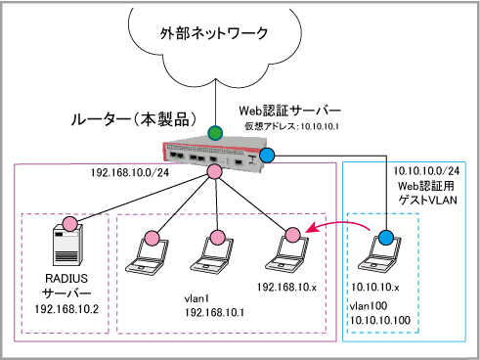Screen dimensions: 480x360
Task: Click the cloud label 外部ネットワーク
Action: (x=214, y=33)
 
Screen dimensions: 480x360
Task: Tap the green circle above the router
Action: (x=215, y=133)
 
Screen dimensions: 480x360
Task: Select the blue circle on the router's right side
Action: (x=267, y=156)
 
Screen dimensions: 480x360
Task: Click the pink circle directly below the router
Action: (x=214, y=171)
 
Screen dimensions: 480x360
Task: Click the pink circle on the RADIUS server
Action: (x=70, y=224)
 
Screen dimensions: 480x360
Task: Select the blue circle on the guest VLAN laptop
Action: (x=386, y=238)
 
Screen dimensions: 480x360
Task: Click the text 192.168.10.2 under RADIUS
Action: (x=66, y=309)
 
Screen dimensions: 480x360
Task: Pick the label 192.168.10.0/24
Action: (x=130, y=172)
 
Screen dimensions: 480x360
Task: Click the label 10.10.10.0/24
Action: (x=426, y=171)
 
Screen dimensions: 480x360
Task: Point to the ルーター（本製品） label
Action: (x=134, y=119)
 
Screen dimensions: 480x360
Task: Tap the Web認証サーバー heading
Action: (x=289, y=111)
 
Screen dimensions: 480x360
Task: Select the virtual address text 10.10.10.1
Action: (x=320, y=126)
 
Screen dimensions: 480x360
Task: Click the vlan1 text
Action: (x=196, y=298)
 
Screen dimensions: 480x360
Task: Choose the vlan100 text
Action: (x=369, y=306)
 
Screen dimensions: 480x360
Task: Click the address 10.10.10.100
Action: (x=380, y=320)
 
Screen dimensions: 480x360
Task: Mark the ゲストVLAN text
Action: (x=428, y=200)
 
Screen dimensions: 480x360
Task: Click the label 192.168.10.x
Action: (x=286, y=288)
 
